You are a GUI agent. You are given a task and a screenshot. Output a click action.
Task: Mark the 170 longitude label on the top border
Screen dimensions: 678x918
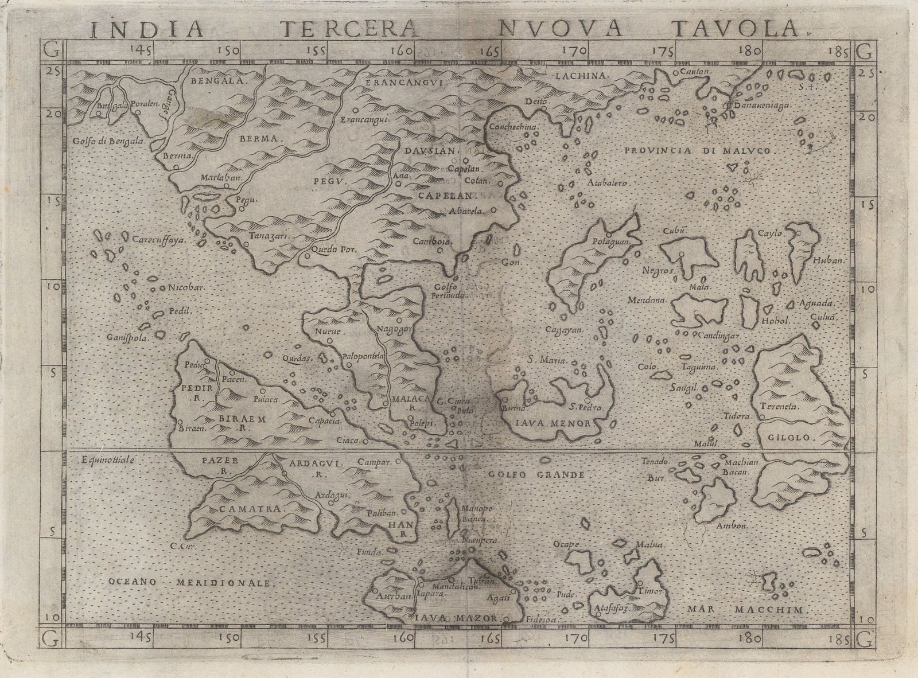pyautogui.click(x=574, y=50)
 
